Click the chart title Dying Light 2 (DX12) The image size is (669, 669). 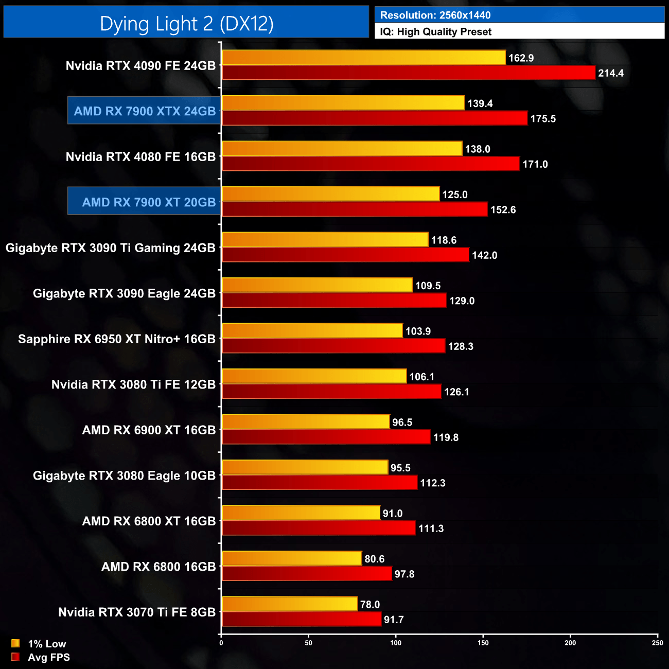[186, 24]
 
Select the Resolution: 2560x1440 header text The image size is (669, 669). [435, 15]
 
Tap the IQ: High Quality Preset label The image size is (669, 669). [435, 32]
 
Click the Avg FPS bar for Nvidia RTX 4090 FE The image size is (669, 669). [408, 73]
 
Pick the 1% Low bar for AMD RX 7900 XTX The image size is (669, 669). [343, 103]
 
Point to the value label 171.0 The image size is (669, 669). [535, 165]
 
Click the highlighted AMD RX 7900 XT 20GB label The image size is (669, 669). [149, 202]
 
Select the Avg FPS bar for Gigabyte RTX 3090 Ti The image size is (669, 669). [345, 255]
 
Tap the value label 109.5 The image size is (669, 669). [428, 286]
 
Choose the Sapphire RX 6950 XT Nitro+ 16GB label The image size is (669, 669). [117, 339]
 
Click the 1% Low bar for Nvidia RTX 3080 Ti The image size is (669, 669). [314, 377]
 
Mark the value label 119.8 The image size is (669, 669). [446, 438]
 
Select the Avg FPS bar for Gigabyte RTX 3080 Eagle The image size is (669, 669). [319, 483]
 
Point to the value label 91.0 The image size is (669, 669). [393, 514]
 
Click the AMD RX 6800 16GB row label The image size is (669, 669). [159, 567]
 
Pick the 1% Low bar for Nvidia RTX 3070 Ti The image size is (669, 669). [289, 604]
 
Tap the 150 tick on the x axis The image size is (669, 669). [483, 643]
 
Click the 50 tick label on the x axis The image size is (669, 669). [308, 643]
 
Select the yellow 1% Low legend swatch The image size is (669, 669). [15, 643]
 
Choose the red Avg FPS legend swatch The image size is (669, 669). [15, 657]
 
